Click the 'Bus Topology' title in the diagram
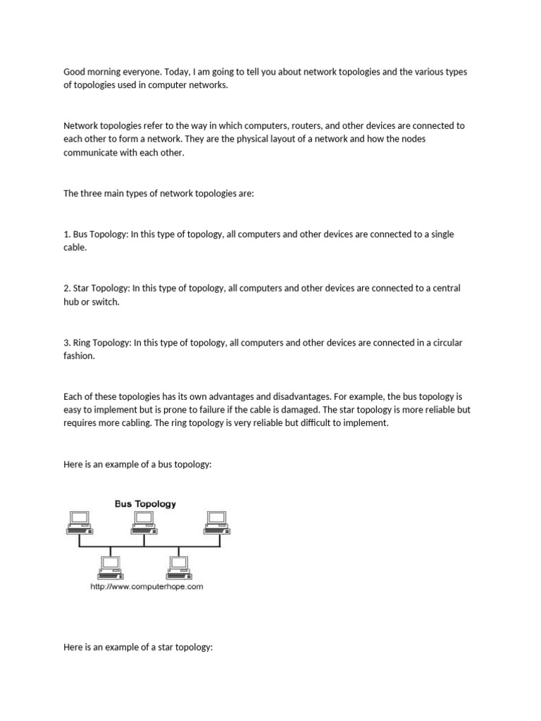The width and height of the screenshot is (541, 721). click(145, 503)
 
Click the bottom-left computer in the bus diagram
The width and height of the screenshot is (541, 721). click(111, 566)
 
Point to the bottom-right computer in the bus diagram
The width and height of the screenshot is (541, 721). click(178, 566)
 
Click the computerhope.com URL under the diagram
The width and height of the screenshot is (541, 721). click(147, 587)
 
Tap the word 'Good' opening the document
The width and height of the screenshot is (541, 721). click(75, 72)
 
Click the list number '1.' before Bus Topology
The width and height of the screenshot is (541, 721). click(67, 234)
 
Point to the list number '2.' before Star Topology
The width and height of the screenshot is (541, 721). click(67, 289)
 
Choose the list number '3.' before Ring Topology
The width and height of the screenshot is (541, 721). click(67, 343)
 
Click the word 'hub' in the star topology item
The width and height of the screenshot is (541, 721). click(72, 302)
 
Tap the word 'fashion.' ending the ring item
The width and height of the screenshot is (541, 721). click(79, 356)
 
